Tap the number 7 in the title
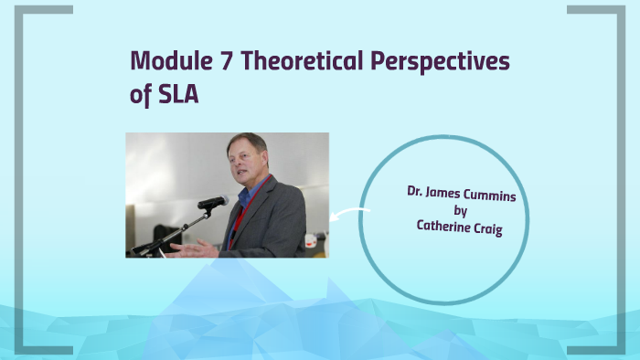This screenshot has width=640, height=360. coord(227,61)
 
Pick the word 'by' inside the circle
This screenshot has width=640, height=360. coord(461,211)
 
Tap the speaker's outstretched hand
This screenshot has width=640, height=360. coord(184,248)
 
